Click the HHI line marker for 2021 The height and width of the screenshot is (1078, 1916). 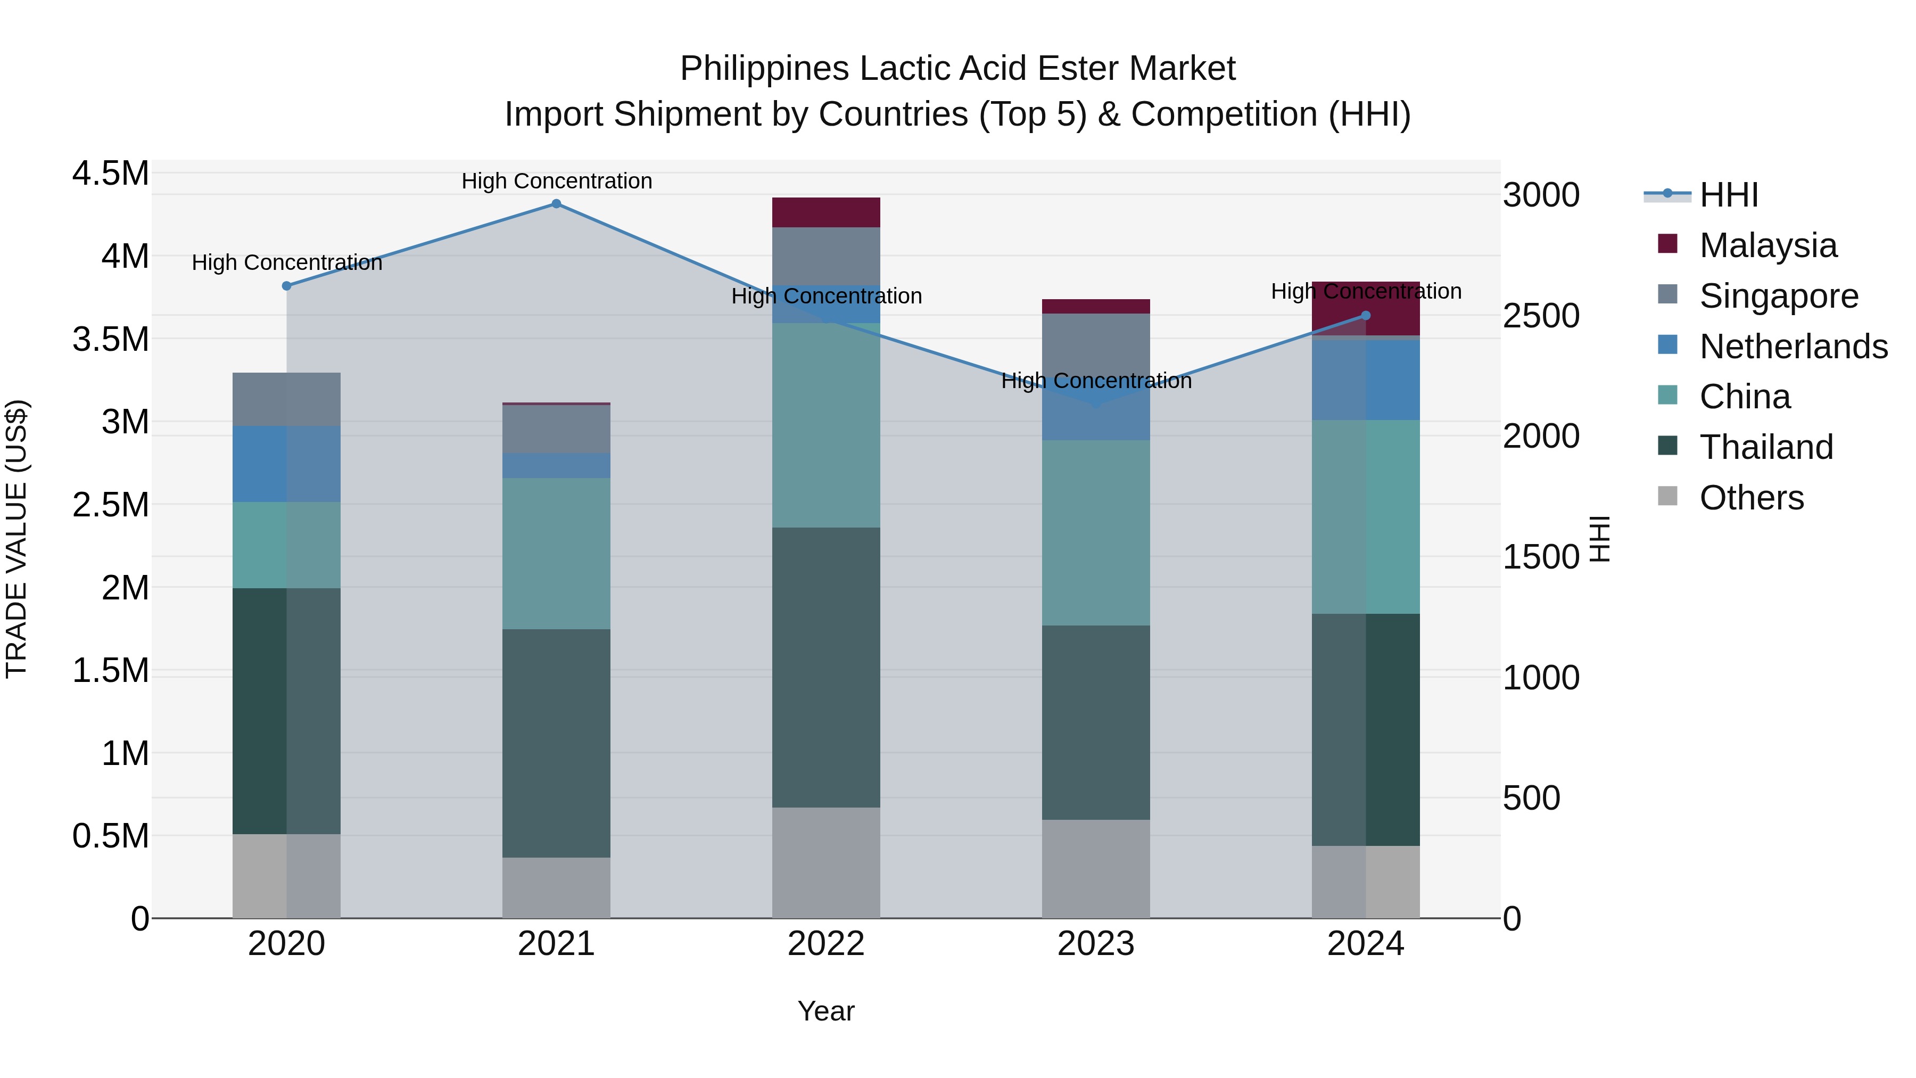pos(556,204)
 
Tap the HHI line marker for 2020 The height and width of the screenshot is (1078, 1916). pos(286,286)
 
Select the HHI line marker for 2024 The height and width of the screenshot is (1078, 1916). pos(1366,316)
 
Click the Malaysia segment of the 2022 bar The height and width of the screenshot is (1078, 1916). pos(825,212)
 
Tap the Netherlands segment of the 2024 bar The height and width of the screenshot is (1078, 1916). pos(1366,380)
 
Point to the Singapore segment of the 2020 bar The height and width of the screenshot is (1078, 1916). pos(286,399)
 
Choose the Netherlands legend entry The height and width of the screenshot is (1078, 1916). pos(1793,346)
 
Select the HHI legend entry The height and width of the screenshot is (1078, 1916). pos(1728,195)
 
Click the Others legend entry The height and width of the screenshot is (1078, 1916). pos(1751,498)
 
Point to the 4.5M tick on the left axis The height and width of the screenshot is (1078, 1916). pos(110,174)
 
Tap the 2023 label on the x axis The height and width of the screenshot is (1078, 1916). pos(1096,944)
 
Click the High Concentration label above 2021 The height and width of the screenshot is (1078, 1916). pos(556,181)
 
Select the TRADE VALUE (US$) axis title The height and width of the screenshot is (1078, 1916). pos(16,539)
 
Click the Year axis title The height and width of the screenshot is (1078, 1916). pos(825,1011)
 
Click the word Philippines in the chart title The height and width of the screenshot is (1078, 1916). pos(764,69)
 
